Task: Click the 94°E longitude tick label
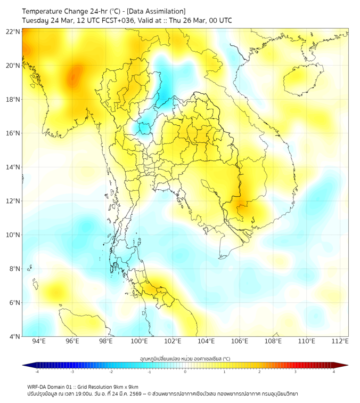[39, 341]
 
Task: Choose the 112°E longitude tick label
[340, 341]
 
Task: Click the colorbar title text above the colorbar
[185, 359]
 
